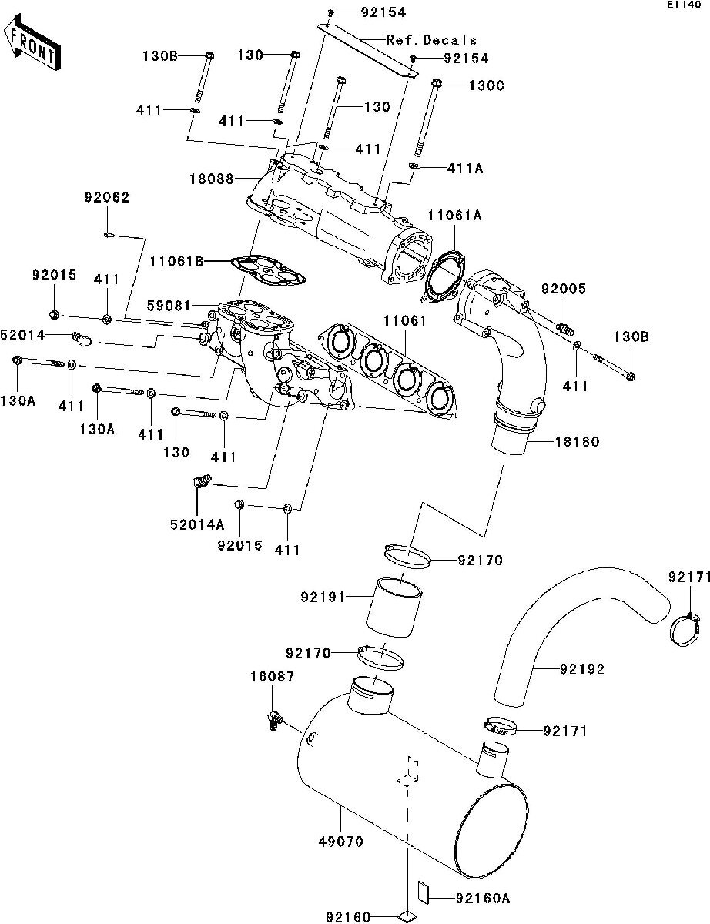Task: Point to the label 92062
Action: pos(107,197)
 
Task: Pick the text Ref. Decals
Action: pos(431,40)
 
